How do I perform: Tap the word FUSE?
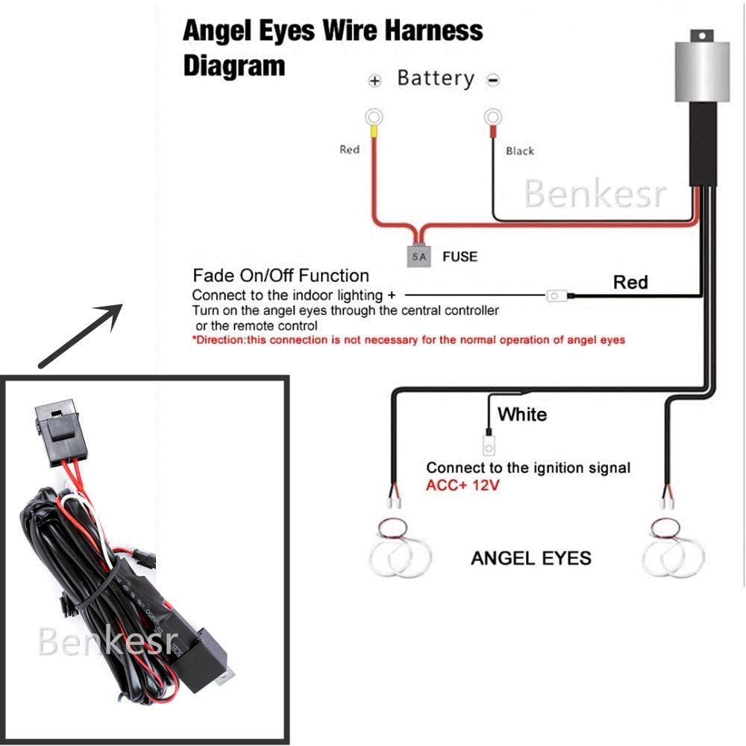[x=460, y=257]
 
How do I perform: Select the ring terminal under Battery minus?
[x=492, y=117]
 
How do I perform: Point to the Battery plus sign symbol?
[x=375, y=81]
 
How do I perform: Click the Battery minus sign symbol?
[x=493, y=81]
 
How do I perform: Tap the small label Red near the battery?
[x=349, y=150]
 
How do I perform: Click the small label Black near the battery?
[x=520, y=151]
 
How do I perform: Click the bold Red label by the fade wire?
[x=630, y=282]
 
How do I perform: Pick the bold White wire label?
[x=522, y=414]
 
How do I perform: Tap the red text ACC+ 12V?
[x=463, y=485]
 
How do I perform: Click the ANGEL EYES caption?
[x=531, y=557]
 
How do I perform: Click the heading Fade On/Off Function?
[x=280, y=276]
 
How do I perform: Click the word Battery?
[x=436, y=78]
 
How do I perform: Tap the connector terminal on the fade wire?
[x=555, y=296]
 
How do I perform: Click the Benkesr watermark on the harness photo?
[x=109, y=641]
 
